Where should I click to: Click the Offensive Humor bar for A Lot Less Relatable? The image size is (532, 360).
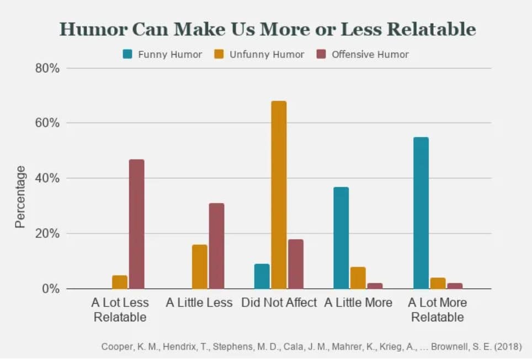click(136, 224)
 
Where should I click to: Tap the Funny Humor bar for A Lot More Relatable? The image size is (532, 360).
click(421, 213)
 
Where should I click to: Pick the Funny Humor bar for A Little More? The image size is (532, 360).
click(341, 238)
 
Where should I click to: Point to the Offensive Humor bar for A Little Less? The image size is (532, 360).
click(216, 246)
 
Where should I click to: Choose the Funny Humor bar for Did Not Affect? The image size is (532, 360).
click(262, 276)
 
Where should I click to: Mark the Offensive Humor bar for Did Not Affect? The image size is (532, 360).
click(296, 264)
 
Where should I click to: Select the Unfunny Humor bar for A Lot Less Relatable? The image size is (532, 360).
click(120, 282)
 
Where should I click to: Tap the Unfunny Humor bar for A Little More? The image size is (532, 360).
click(358, 278)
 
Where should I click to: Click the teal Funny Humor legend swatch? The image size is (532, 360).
click(127, 54)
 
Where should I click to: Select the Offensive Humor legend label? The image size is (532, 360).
click(370, 54)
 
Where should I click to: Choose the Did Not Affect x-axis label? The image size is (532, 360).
click(279, 303)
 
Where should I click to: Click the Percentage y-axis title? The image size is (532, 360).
click(20, 197)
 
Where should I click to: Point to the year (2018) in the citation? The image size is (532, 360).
click(508, 347)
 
